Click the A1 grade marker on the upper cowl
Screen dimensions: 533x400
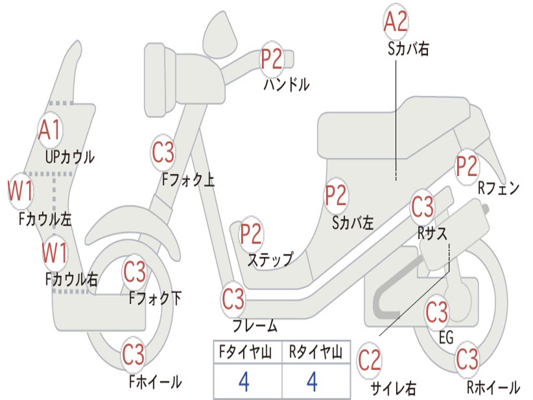[50, 130]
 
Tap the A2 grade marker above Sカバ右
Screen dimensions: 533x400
[395, 22]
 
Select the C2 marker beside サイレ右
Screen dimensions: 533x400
[370, 360]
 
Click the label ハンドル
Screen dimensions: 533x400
[286, 84]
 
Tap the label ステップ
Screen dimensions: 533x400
[270, 260]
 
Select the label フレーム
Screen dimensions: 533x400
[255, 327]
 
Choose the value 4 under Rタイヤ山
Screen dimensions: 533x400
[312, 383]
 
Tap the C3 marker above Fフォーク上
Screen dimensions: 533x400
[163, 153]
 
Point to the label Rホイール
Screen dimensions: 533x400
[493, 387]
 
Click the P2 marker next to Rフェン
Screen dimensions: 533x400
[466, 166]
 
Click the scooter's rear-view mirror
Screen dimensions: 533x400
[220, 32]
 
